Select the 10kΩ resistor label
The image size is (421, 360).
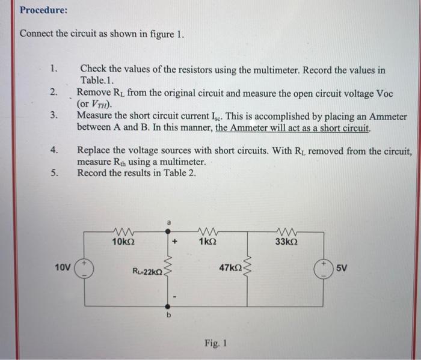(x=123, y=242)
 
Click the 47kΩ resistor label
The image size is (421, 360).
(x=229, y=266)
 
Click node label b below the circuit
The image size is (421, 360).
(x=169, y=314)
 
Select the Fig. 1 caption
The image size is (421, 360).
(x=215, y=344)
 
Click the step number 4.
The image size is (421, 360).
(x=54, y=150)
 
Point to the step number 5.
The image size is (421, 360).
(x=54, y=173)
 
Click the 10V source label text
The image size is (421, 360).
(x=62, y=265)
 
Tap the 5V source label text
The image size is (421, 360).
(x=342, y=266)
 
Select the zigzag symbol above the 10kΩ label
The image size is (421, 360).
(x=123, y=232)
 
